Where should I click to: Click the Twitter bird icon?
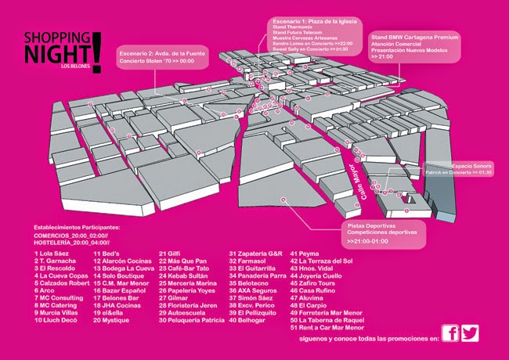[469, 333]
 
